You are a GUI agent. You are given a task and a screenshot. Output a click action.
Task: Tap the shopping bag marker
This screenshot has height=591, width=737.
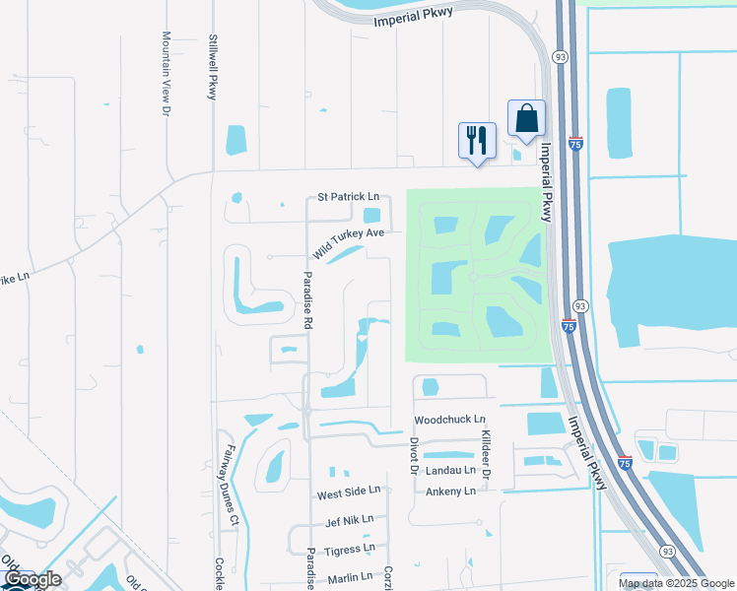tap(526, 118)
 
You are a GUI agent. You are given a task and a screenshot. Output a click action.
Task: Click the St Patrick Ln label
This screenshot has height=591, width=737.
tap(348, 197)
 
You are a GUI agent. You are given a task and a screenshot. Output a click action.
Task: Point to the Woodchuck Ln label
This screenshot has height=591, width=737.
tap(450, 420)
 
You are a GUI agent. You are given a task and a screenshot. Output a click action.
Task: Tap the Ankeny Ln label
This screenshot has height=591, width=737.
tap(450, 491)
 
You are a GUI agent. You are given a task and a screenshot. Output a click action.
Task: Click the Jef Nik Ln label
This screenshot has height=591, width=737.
tap(349, 519)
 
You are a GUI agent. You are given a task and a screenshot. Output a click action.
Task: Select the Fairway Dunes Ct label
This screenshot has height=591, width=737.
tap(232, 483)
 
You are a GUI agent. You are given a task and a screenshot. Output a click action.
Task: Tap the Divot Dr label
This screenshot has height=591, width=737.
tap(415, 456)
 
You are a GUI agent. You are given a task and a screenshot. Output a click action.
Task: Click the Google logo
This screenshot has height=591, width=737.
tap(33, 579)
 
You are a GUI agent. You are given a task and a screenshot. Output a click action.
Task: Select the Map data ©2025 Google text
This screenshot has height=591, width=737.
tap(676, 583)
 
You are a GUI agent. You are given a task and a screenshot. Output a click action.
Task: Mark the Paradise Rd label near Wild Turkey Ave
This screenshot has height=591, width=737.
tap(307, 299)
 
